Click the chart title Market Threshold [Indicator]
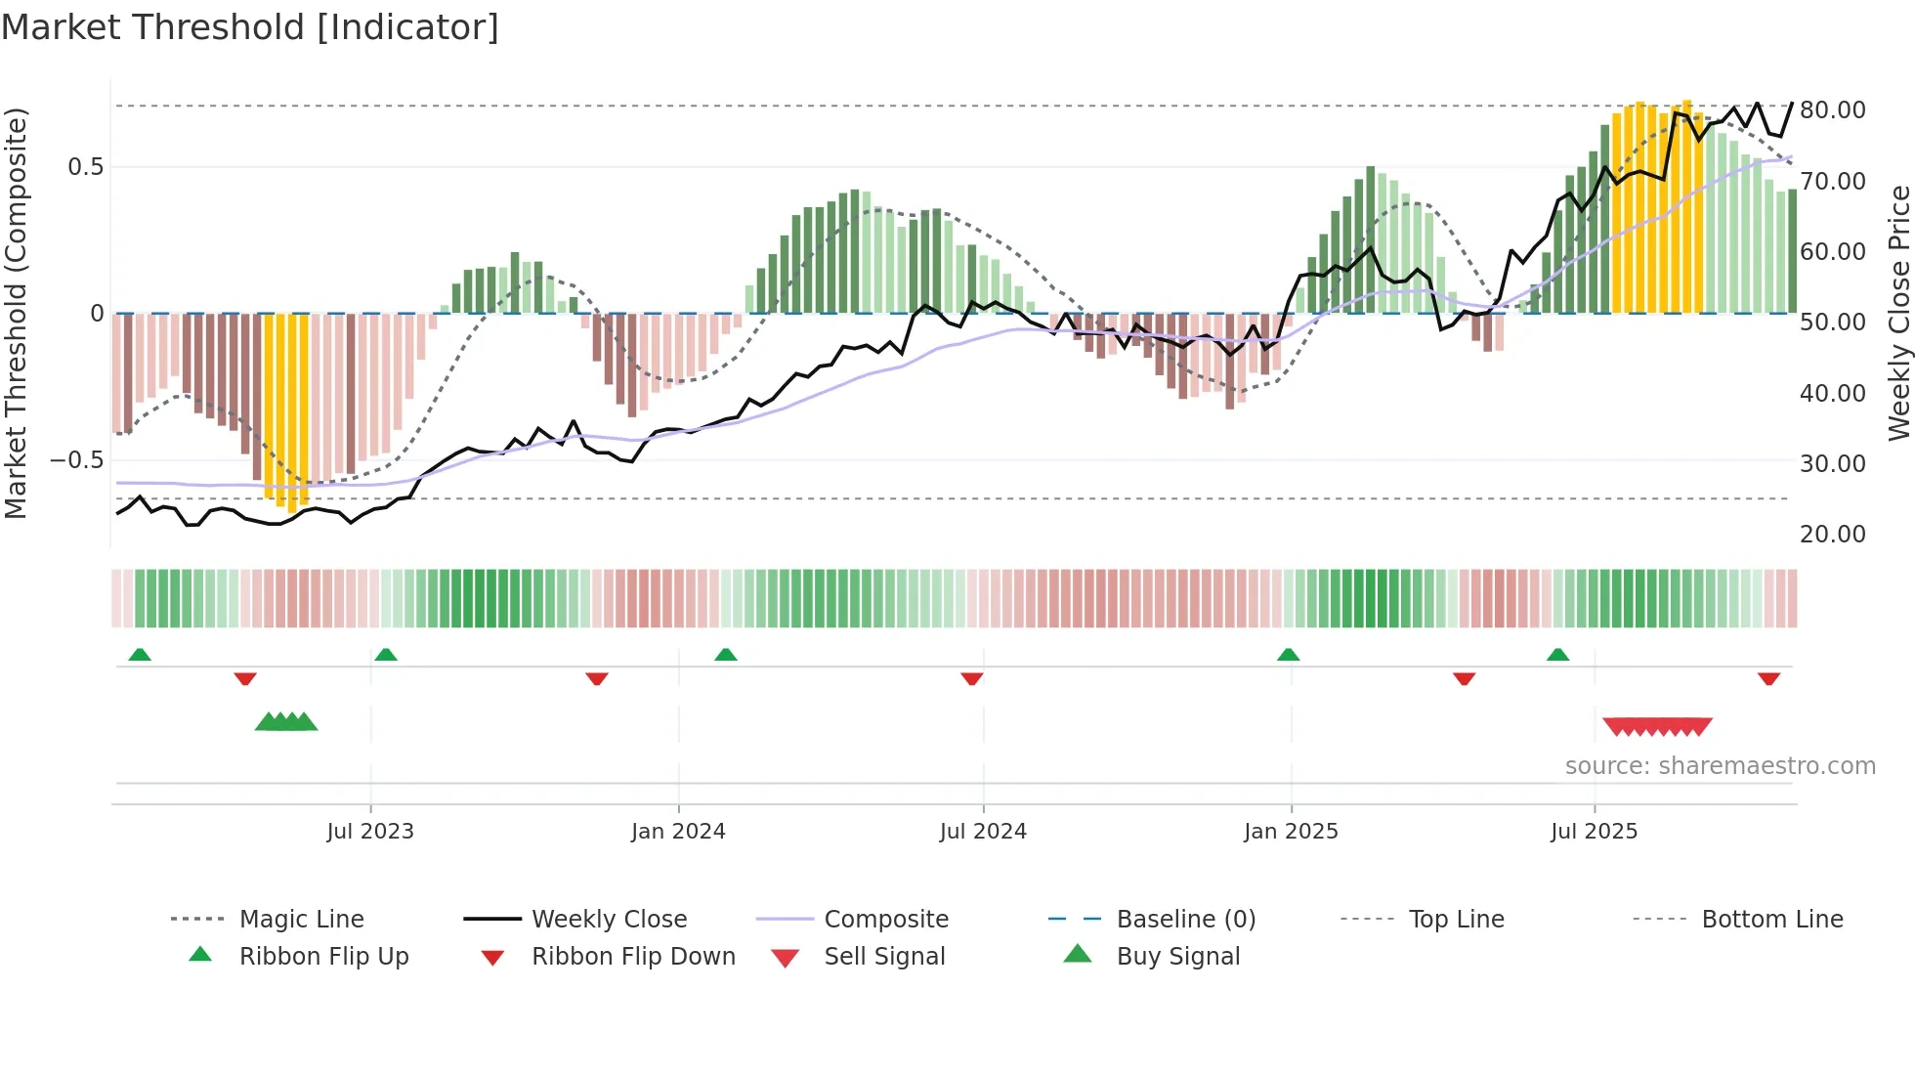(250, 27)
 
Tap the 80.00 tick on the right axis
(1832, 110)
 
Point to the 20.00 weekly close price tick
(1832, 535)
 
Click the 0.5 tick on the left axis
(86, 167)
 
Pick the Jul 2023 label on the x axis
(370, 832)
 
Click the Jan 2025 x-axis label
(1291, 832)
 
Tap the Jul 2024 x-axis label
(983, 832)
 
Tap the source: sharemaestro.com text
(1720, 766)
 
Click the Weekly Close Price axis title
(1898, 313)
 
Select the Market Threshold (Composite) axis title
(16, 313)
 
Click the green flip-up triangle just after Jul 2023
(386, 655)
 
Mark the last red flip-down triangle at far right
(1768, 678)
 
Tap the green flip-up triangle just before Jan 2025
(1288, 655)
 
